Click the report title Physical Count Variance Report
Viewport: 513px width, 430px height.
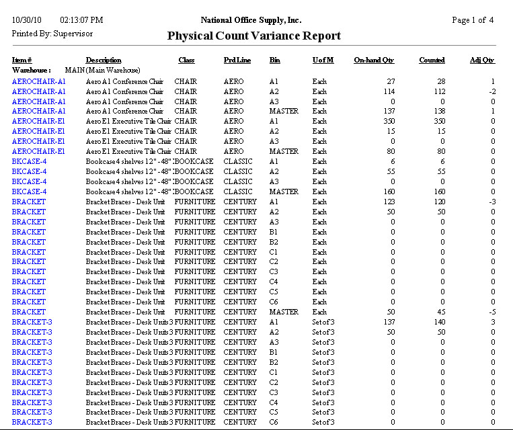click(x=253, y=36)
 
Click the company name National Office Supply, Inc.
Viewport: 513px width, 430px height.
click(x=251, y=20)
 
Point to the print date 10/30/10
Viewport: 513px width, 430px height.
click(x=26, y=20)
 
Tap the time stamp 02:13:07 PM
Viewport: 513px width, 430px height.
click(x=81, y=20)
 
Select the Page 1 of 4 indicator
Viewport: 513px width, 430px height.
click(x=473, y=20)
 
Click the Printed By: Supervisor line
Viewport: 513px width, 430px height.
click(x=52, y=33)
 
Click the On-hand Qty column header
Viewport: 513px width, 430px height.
click(x=374, y=60)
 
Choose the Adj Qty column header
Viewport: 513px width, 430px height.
click(x=482, y=60)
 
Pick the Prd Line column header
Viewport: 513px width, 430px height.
click(x=237, y=60)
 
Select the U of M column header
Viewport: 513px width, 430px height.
click(x=323, y=60)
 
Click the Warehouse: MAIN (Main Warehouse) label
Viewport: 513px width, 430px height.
click(x=76, y=70)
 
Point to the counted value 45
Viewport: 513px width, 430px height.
click(x=440, y=312)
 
